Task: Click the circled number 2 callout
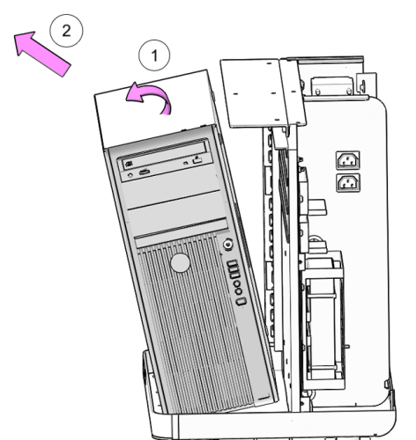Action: click(66, 31)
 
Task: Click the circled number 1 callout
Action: click(154, 55)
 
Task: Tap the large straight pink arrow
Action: click(42, 54)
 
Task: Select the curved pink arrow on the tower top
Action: click(150, 97)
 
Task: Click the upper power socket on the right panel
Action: click(348, 160)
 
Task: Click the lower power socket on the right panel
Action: click(348, 182)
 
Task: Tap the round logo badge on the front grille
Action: click(180, 263)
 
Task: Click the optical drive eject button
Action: click(197, 160)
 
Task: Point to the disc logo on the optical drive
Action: click(129, 165)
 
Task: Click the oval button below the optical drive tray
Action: click(145, 172)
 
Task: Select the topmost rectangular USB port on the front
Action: click(232, 263)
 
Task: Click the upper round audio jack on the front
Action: click(236, 284)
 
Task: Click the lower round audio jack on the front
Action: click(239, 291)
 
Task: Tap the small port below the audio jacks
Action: click(241, 301)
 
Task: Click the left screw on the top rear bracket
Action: click(318, 92)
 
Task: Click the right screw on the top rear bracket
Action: click(349, 91)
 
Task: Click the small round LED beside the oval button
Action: click(130, 175)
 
